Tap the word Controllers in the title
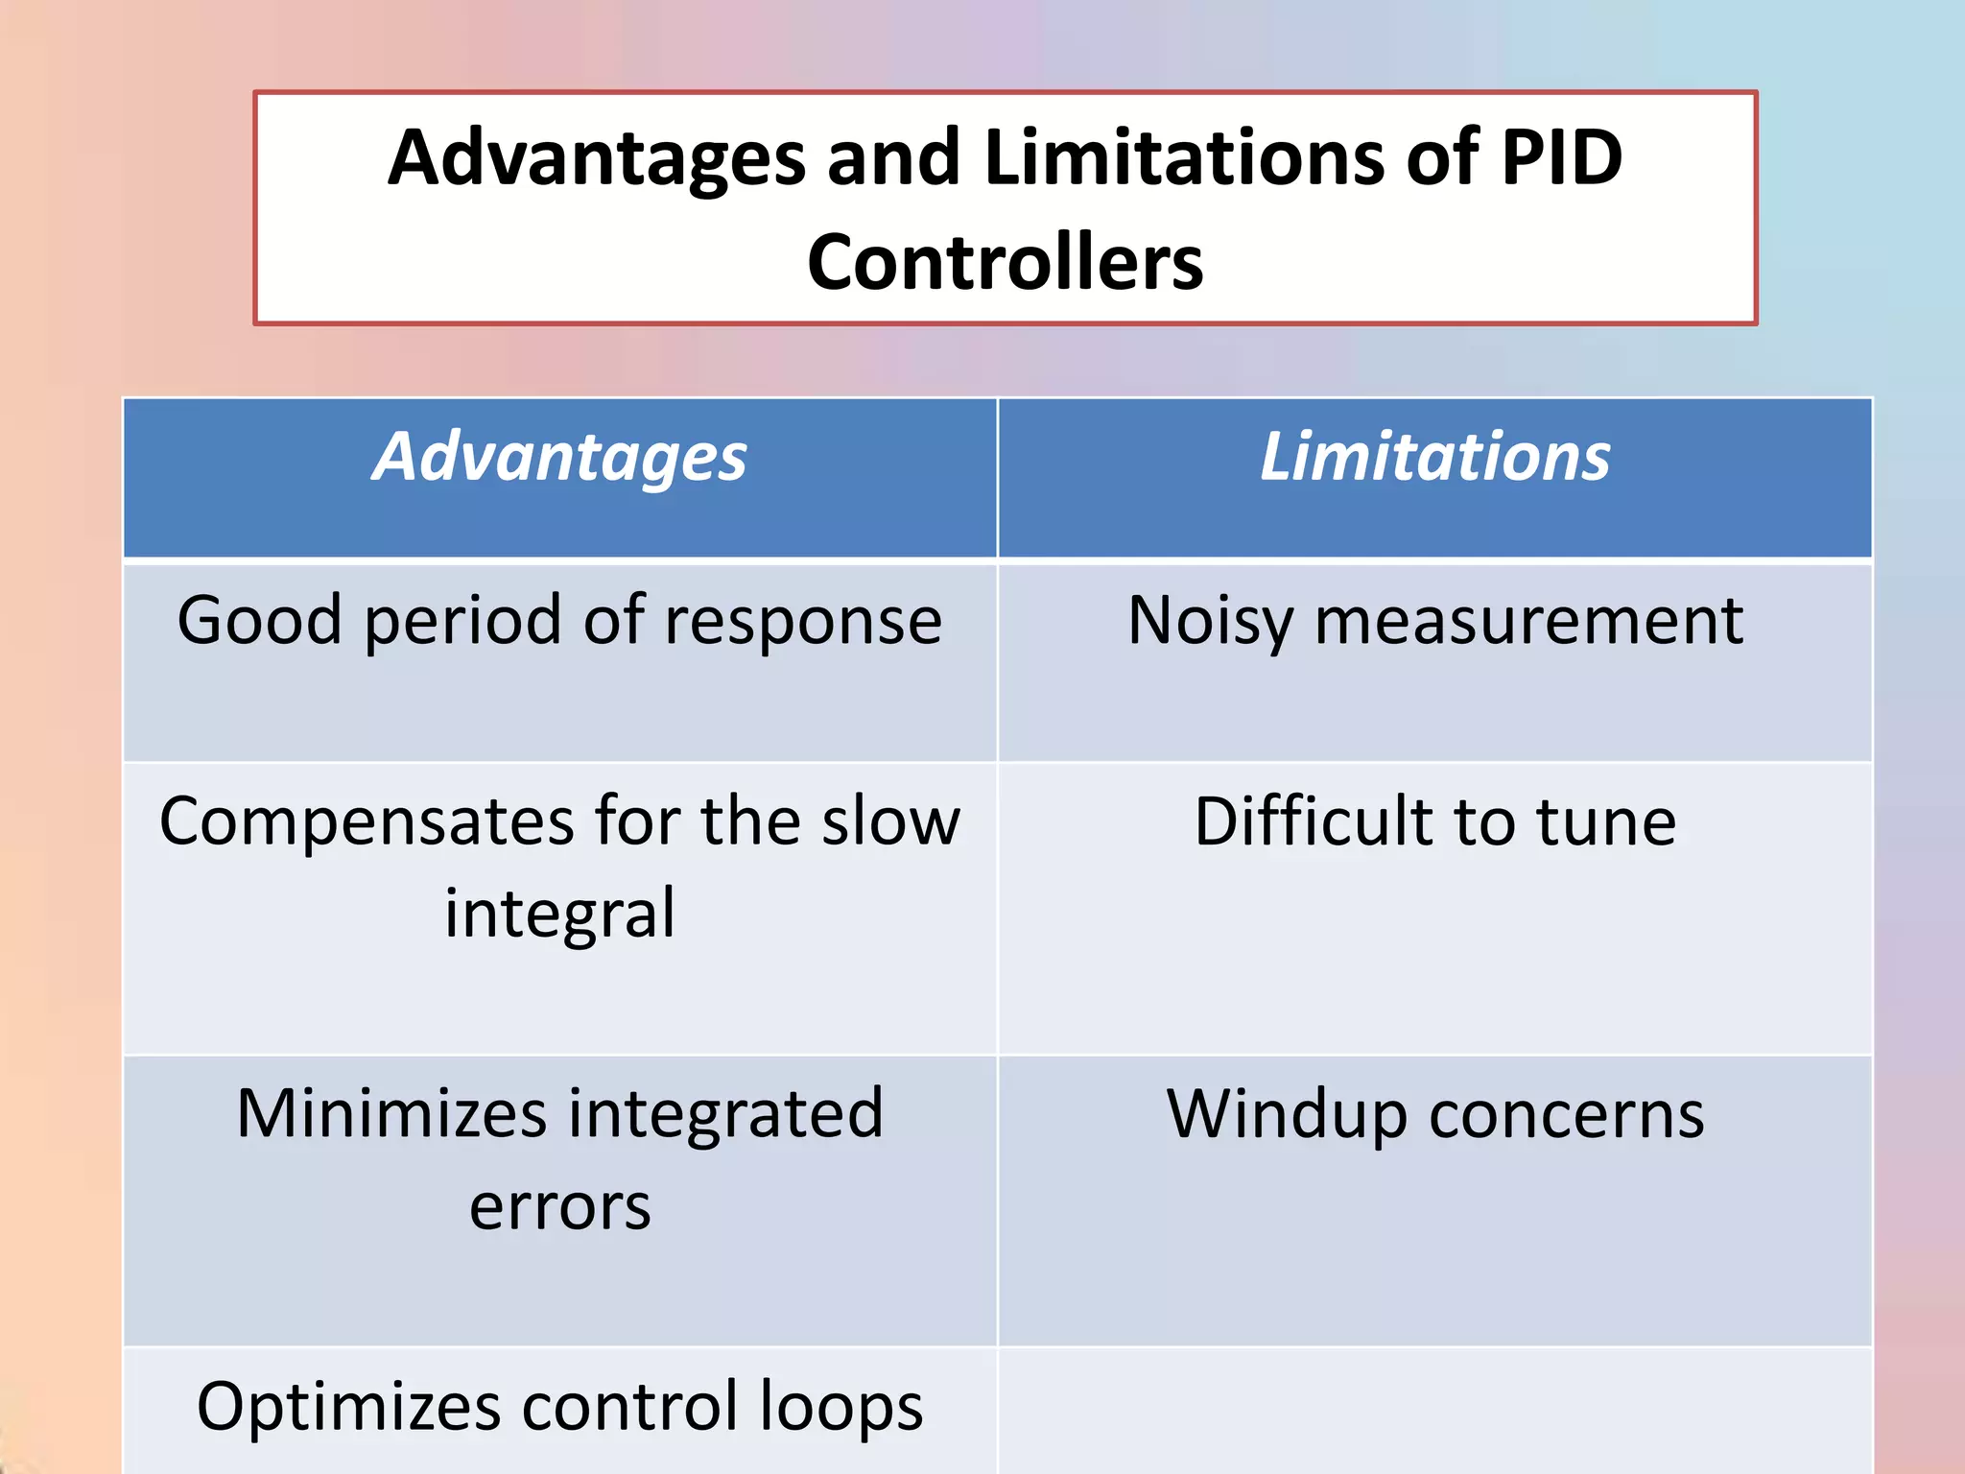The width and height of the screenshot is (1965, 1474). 1005,263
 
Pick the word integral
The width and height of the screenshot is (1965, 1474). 559,915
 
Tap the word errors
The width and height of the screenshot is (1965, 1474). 559,1207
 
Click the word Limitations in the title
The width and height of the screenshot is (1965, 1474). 1184,157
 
